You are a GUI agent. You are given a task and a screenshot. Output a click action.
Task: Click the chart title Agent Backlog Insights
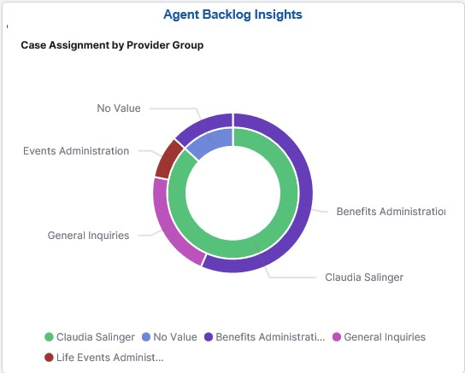[x=232, y=15]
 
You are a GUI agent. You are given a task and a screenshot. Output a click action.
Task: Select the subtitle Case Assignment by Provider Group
[x=112, y=45]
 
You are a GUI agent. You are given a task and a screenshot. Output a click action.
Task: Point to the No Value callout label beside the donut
[x=118, y=108]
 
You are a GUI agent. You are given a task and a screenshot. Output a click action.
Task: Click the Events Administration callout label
[x=76, y=151]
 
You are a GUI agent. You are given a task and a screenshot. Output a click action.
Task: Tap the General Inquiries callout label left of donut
[x=89, y=236]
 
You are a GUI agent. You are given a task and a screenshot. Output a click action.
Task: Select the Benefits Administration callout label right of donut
[x=391, y=212]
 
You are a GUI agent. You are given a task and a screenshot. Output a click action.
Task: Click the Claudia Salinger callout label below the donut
[x=363, y=277]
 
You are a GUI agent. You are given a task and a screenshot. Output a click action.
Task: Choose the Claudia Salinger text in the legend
[x=96, y=337]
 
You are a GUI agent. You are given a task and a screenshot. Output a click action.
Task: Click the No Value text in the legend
[x=175, y=337]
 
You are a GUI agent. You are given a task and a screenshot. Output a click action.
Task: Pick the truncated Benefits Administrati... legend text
[x=270, y=337]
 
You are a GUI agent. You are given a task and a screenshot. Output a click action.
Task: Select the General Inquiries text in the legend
[x=385, y=337]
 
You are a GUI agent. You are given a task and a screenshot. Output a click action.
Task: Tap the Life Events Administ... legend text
[x=109, y=357]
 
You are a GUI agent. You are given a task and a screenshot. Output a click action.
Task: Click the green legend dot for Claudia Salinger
[x=49, y=337]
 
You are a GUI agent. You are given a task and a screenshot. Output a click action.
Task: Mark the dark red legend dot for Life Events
[x=49, y=357]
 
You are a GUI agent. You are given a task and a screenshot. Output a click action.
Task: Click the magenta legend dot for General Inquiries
[x=338, y=337]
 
